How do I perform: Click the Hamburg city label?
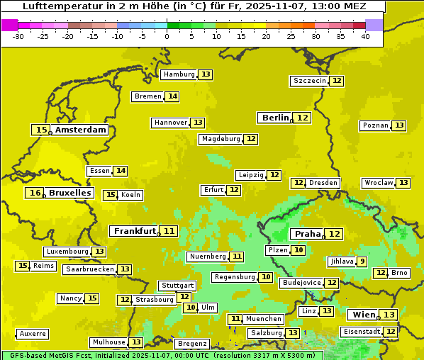(179, 74)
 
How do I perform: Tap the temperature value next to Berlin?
(303, 118)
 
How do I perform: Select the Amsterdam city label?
(80, 130)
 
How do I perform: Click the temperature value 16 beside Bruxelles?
(35, 193)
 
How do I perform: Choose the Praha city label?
(308, 234)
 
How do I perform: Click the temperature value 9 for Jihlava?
(362, 261)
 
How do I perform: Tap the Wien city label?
(362, 315)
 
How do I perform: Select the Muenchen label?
(264, 319)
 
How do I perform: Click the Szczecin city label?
(310, 81)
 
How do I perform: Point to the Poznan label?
(375, 125)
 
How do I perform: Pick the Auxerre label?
(33, 334)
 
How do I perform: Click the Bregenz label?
(191, 344)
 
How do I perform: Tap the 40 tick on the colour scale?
(365, 36)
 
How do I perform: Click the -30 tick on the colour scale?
(18, 36)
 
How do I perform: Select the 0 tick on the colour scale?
(167, 36)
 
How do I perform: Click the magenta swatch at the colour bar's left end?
(9, 25)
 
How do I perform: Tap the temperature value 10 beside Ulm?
(190, 308)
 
